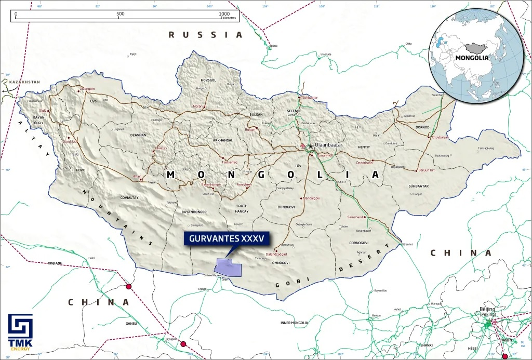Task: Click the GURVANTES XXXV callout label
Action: pyautogui.click(x=225, y=238)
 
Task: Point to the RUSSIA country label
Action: pyautogui.click(x=206, y=35)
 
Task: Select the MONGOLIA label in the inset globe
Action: pyautogui.click(x=472, y=58)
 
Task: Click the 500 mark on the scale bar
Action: pyautogui.click(x=121, y=14)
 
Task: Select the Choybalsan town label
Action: pyautogui.click(x=439, y=138)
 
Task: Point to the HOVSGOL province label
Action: pyautogui.click(x=211, y=80)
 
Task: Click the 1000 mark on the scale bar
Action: pyautogui.click(x=224, y=14)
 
